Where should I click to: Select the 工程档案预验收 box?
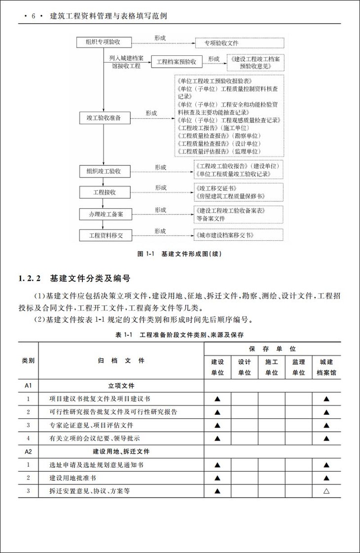click(x=176, y=62)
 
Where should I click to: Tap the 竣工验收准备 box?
click(x=104, y=118)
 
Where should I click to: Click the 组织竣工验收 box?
click(x=104, y=171)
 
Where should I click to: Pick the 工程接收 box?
click(x=104, y=192)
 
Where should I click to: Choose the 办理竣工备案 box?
click(x=104, y=214)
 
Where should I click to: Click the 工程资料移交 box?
click(x=104, y=235)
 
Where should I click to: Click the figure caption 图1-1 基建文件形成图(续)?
click(x=180, y=254)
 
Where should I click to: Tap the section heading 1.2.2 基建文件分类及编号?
click(x=74, y=279)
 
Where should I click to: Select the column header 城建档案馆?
click(x=326, y=368)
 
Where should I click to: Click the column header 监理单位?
click(x=298, y=368)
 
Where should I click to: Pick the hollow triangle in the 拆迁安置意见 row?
click(x=326, y=491)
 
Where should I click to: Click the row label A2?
click(x=28, y=451)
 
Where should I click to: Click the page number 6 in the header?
click(x=34, y=16)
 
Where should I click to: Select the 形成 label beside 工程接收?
click(x=161, y=188)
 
